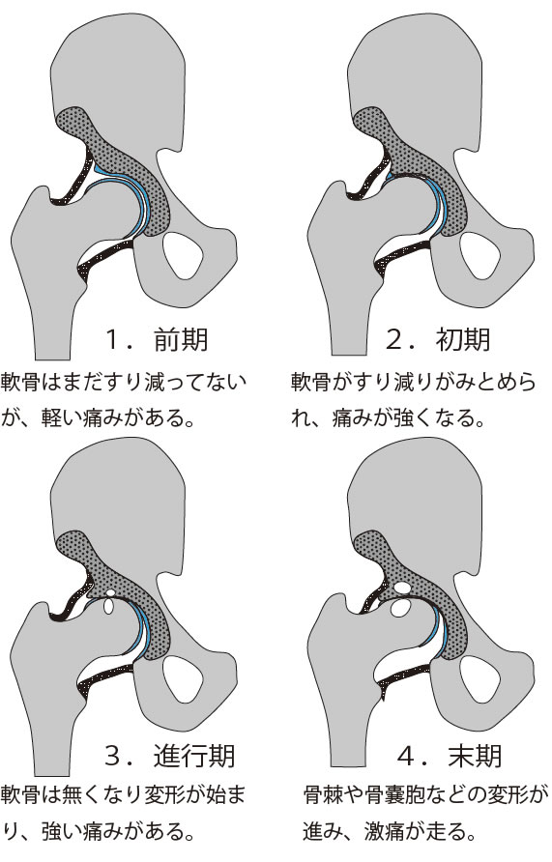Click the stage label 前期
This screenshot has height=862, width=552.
[181, 339]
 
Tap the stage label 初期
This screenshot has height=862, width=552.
[463, 339]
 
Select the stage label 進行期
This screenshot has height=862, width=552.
[194, 756]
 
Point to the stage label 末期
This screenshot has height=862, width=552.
[475, 756]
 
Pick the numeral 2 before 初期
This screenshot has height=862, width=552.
[394, 340]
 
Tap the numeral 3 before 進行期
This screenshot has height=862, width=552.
[113, 757]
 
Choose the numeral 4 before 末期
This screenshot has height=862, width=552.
[406, 757]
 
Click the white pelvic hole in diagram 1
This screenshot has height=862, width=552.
[184, 255]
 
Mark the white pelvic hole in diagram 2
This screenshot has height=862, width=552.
[479, 255]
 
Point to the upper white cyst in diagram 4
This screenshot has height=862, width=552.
[403, 588]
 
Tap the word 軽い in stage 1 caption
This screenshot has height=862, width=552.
[62, 418]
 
